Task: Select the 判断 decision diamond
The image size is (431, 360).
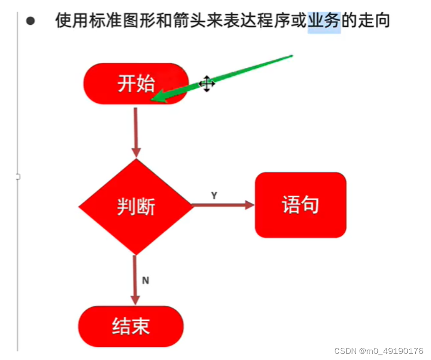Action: point(136,206)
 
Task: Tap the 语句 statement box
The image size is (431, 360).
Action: point(300,205)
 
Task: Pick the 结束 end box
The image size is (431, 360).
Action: point(131,326)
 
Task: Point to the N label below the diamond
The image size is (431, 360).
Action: point(145,280)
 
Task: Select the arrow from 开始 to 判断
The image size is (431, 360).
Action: point(136,132)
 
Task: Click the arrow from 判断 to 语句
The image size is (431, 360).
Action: point(223,205)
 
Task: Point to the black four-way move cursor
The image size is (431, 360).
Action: point(206,84)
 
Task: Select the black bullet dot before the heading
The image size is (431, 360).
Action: point(31,21)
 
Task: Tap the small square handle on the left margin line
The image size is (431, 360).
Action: point(18,176)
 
